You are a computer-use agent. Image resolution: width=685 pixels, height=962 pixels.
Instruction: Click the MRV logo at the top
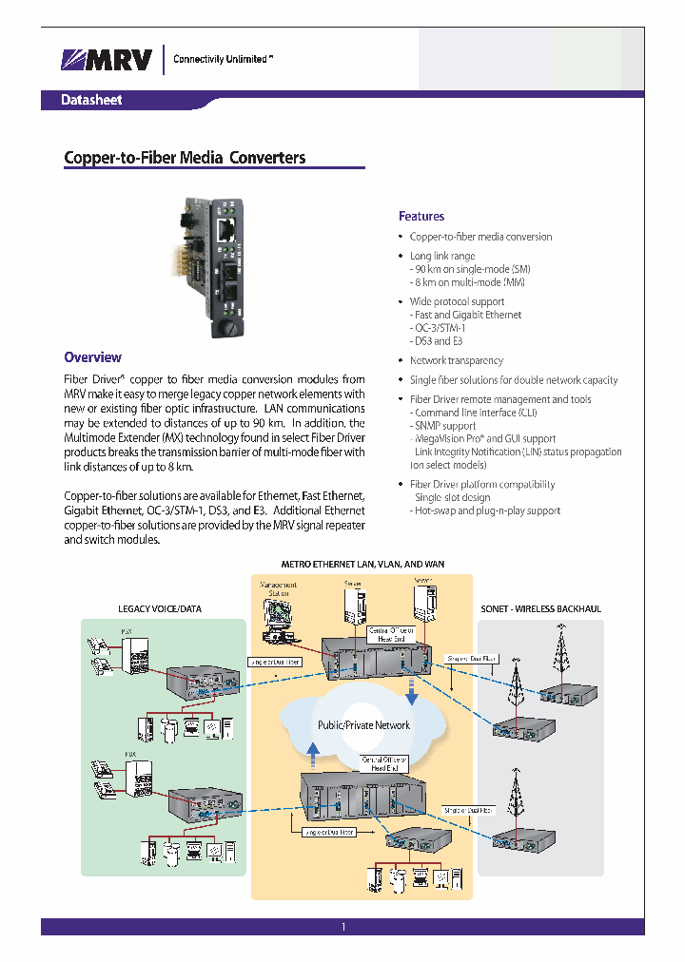pos(106,60)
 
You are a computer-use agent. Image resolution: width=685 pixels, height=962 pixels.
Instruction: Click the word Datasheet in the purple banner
pos(91,100)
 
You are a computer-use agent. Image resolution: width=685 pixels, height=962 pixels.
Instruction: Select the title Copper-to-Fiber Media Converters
pos(185,158)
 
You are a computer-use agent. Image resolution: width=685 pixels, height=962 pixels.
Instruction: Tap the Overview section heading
pos(92,357)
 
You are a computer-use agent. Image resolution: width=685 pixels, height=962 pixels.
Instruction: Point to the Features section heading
pos(421,217)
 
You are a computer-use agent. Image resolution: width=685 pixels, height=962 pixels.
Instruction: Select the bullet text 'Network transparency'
pos(456,361)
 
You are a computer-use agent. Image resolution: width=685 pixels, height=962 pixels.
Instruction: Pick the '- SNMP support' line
pos(443,426)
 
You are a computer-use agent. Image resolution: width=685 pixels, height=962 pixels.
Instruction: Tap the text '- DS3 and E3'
pos(437,341)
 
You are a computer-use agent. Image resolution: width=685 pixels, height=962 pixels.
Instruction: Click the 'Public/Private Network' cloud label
pos(363,725)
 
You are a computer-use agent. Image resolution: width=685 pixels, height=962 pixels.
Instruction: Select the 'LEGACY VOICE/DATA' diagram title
pos(160,608)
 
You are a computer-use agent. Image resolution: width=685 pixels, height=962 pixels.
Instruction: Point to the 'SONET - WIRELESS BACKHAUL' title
pos(541,608)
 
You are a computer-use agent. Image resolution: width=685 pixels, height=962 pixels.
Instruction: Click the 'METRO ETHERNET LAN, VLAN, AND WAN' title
pos(362,565)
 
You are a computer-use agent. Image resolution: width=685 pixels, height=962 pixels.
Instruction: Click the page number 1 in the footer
pos(342,927)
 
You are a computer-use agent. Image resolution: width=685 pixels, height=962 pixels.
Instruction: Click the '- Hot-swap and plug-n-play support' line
pos(485,510)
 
